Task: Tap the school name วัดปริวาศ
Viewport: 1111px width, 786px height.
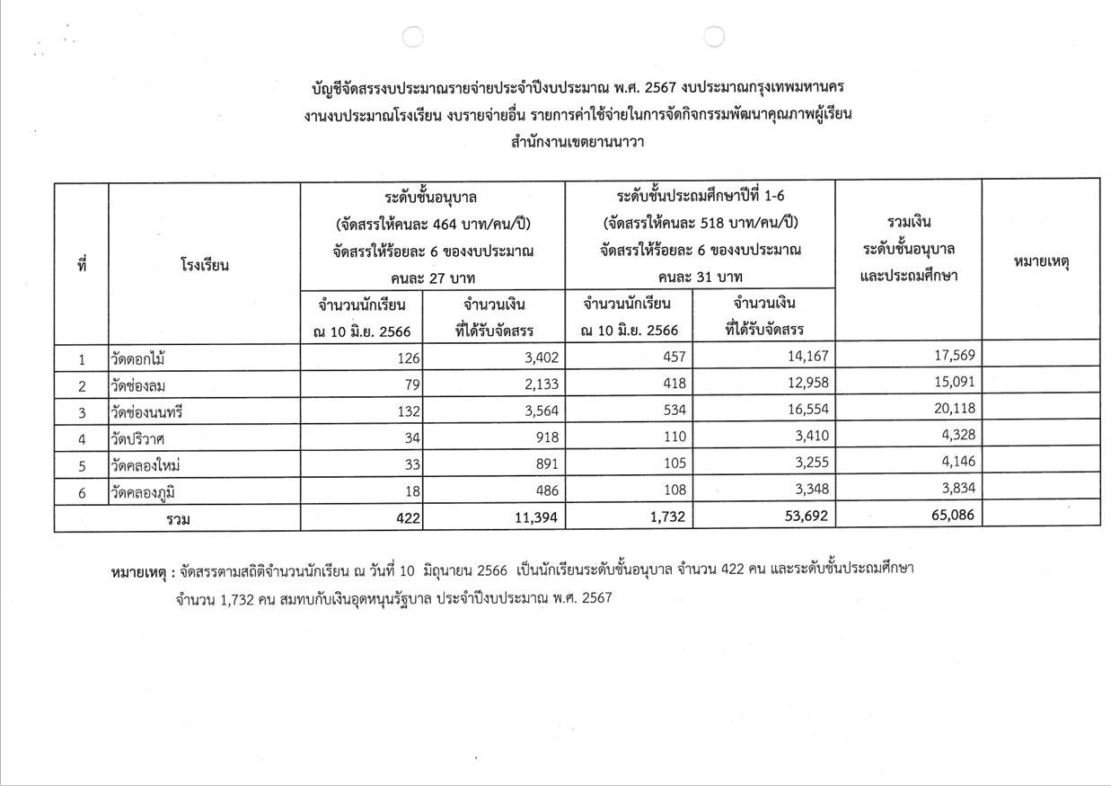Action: click(x=137, y=439)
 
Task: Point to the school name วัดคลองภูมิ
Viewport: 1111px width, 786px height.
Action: click(x=143, y=491)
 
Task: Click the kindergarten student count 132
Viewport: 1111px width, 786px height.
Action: click(x=407, y=412)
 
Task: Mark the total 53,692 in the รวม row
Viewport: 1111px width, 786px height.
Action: click(x=802, y=517)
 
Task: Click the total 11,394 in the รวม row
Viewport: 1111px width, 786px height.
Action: click(x=533, y=517)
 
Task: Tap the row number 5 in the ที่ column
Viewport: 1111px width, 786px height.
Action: click(x=82, y=465)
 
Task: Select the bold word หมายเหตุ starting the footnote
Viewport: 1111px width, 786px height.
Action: click(x=141, y=571)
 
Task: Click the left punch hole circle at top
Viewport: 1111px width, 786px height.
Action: click(x=412, y=36)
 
